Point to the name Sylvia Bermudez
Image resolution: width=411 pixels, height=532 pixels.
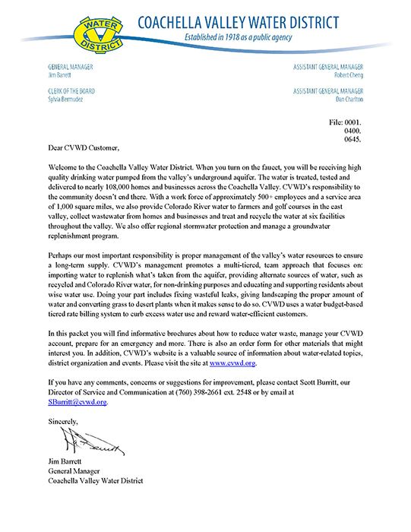pyautogui.click(x=67, y=100)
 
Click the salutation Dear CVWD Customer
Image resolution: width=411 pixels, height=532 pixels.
pyautogui.click(x=83, y=148)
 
